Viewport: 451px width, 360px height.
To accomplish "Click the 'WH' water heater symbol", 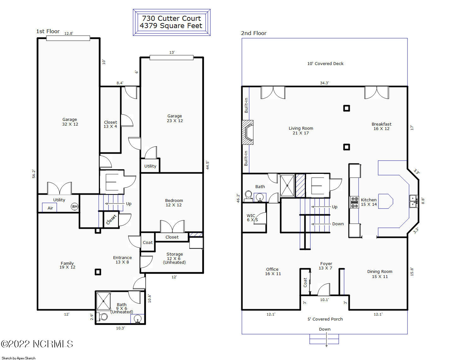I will tap(74, 207).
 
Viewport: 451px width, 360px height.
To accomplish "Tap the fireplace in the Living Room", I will tap(248, 133).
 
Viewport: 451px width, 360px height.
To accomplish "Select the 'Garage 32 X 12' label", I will tap(70, 122).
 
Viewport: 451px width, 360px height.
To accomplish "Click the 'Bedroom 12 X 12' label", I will tap(174, 203).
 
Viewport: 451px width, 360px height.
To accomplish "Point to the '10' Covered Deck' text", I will tap(325, 63).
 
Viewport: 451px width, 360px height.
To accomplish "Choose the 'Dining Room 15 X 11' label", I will tap(379, 274).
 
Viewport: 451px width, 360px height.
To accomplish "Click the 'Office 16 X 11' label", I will tap(272, 271).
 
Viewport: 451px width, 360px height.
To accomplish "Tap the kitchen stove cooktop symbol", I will tap(354, 202).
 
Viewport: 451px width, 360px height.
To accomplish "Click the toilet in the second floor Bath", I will tap(248, 196).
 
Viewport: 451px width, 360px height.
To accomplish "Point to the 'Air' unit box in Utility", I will tap(50, 208).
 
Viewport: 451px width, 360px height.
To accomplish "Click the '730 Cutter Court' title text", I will tap(171, 18).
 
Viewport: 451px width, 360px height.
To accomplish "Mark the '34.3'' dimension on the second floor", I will tap(324, 83).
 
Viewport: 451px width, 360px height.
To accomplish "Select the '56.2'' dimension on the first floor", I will tap(34, 174).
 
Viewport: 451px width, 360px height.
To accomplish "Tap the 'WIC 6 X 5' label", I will tap(252, 218).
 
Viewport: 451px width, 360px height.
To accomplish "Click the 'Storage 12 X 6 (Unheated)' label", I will tap(174, 258).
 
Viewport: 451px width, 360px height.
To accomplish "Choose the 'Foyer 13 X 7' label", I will tap(326, 266).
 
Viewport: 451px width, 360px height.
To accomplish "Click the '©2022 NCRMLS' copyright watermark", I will tap(37, 344).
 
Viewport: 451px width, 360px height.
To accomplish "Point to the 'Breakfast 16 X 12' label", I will tap(381, 126).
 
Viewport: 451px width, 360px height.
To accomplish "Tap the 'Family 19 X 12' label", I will tap(67, 265).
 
